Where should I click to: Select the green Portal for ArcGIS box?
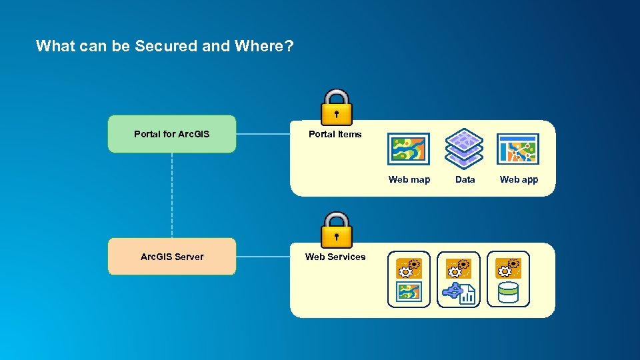pyautogui.click(x=172, y=134)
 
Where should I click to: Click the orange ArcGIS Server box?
pyautogui.click(x=172, y=257)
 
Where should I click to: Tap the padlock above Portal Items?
pyautogui.click(x=337, y=107)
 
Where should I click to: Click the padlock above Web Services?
pyautogui.click(x=337, y=230)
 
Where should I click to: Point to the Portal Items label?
pyautogui.click(x=335, y=134)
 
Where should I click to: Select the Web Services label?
pyautogui.click(x=335, y=257)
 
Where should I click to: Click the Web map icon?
pyautogui.click(x=409, y=149)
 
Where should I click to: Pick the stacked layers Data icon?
pyautogui.click(x=464, y=149)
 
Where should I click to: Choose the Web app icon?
pyautogui.click(x=518, y=149)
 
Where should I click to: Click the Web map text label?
pyautogui.click(x=409, y=179)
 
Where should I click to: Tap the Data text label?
pyautogui.click(x=465, y=179)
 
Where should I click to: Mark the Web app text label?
pyautogui.click(x=519, y=179)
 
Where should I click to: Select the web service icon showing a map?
pyautogui.click(x=409, y=279)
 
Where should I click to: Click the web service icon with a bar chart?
pyautogui.click(x=459, y=279)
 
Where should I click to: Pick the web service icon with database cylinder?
pyautogui.click(x=508, y=279)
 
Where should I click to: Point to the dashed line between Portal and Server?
pyautogui.click(x=172, y=195)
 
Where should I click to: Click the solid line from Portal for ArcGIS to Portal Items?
pyautogui.click(x=263, y=134)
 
